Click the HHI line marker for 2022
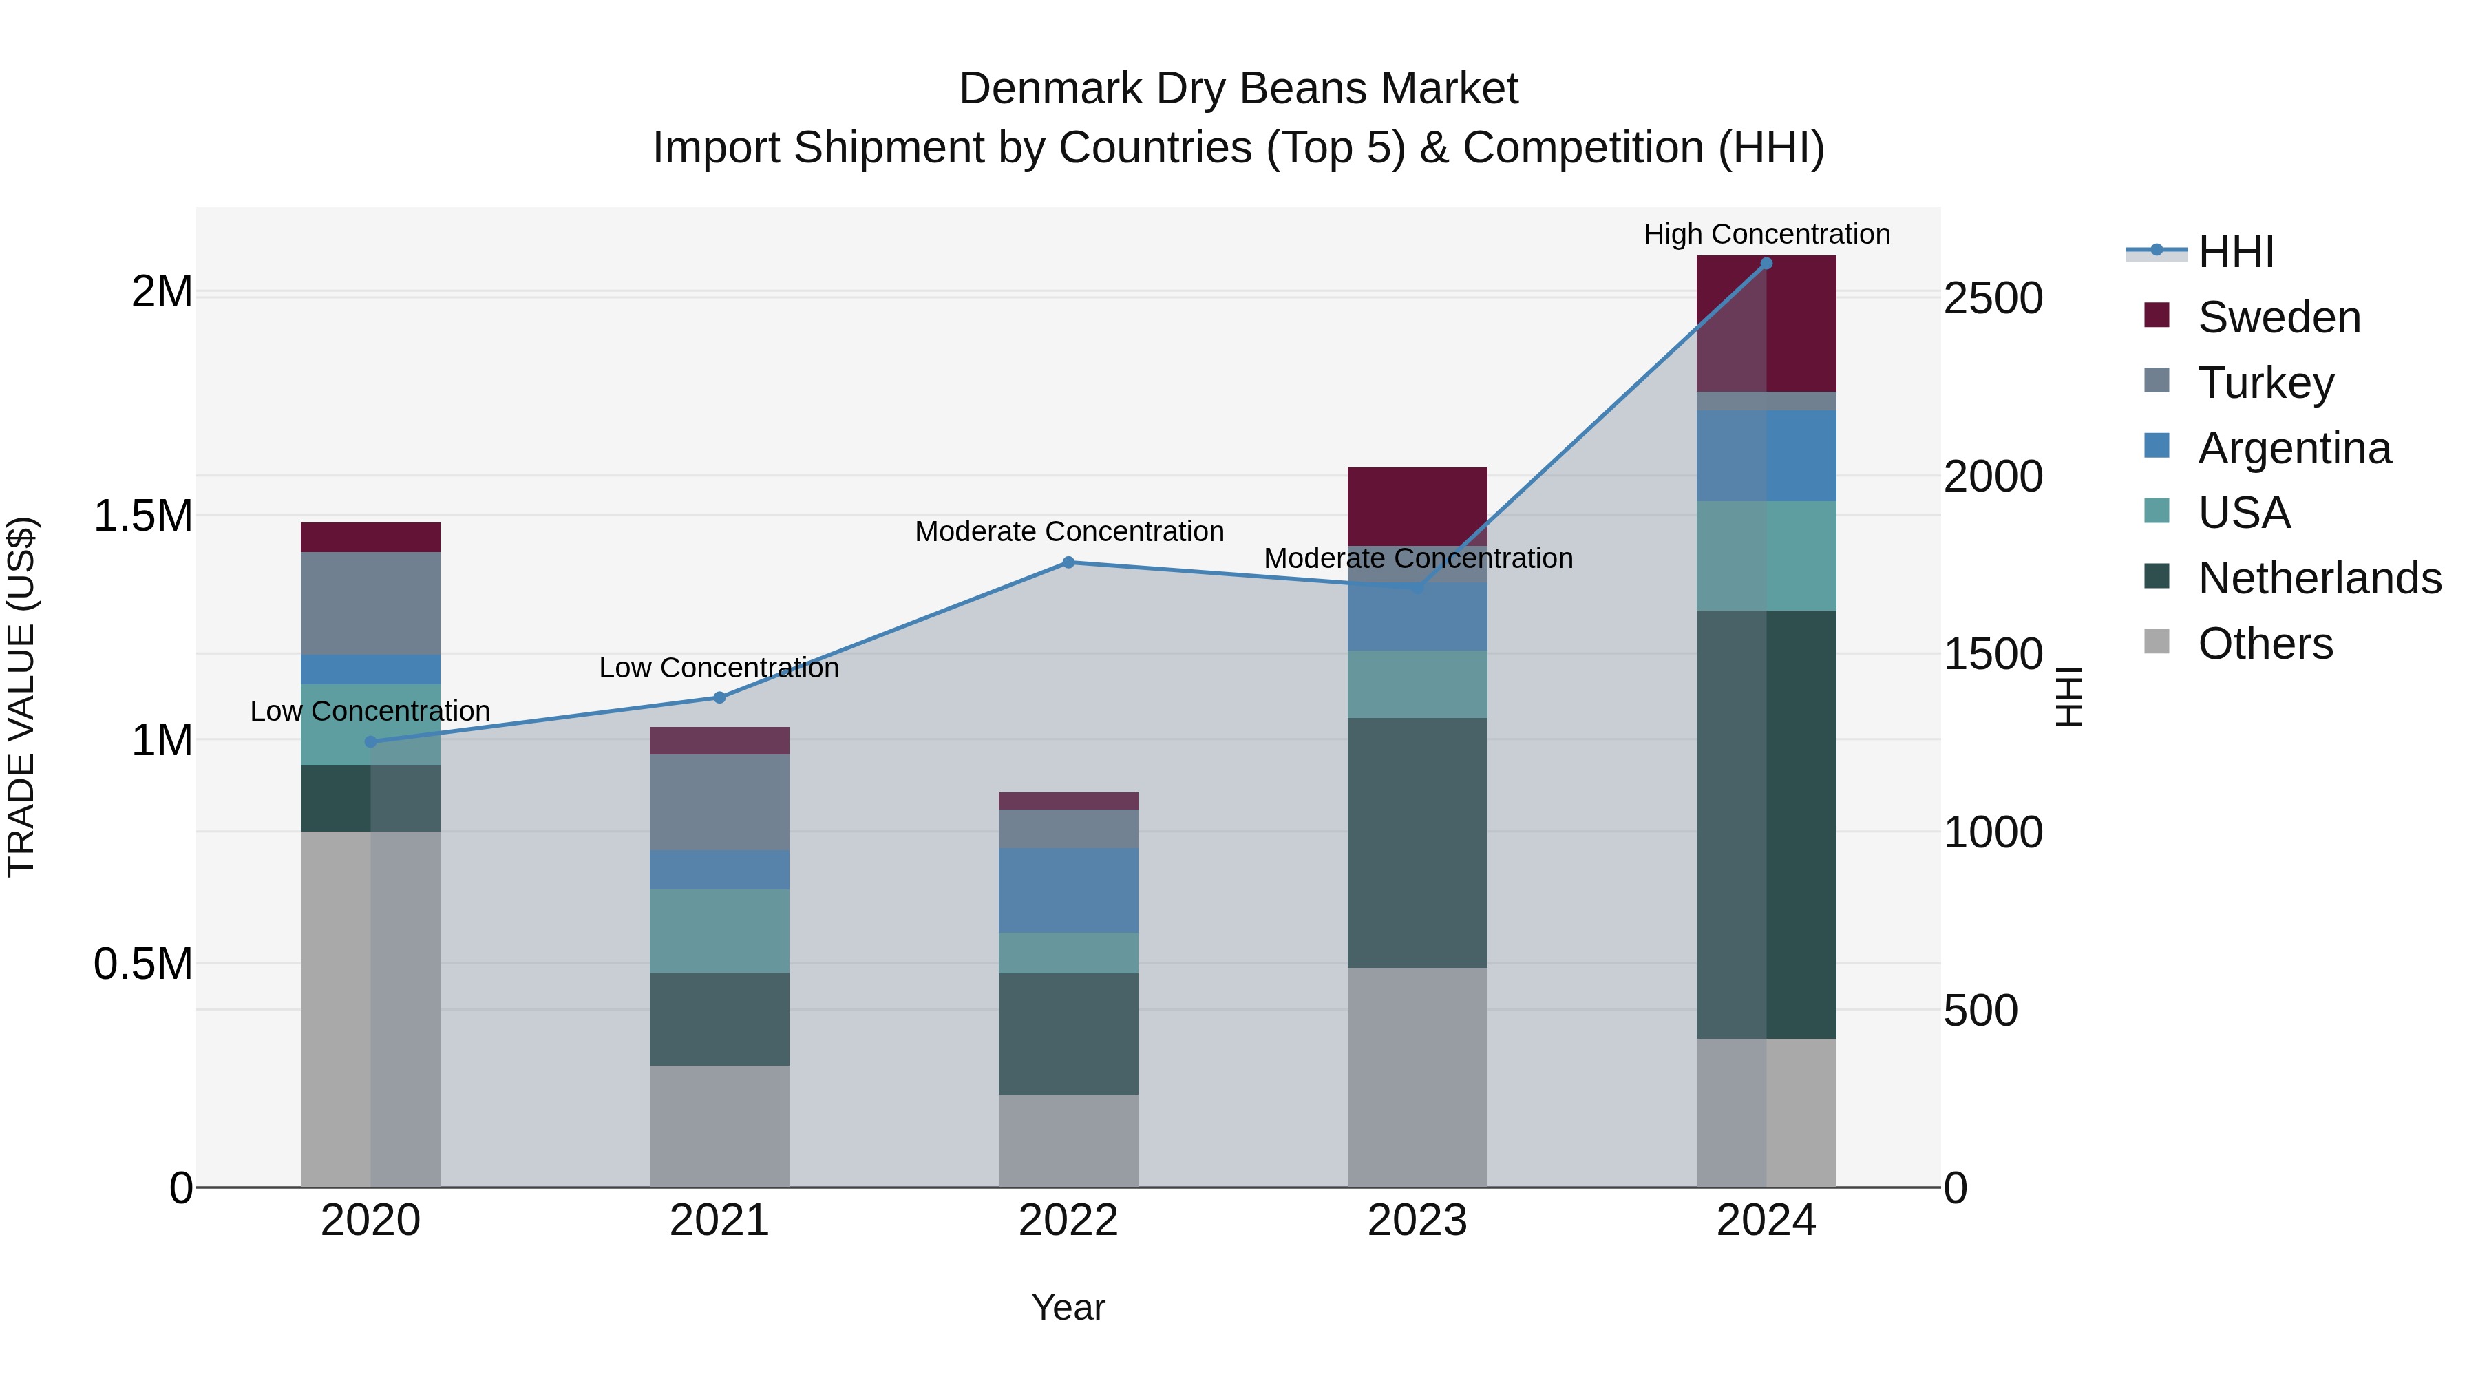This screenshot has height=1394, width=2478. click(x=1068, y=563)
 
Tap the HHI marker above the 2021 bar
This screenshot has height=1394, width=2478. click(x=719, y=697)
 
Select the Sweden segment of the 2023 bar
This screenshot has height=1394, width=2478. click(x=1417, y=506)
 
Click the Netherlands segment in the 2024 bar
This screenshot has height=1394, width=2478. click(x=1766, y=825)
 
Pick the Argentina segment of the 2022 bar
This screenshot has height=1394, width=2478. click(x=1068, y=890)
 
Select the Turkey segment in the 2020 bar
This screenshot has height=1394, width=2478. click(x=370, y=603)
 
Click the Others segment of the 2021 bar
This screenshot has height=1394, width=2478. click(x=719, y=1126)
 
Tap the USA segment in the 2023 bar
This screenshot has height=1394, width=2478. click(x=1417, y=684)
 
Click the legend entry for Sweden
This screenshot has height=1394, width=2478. click(x=2278, y=317)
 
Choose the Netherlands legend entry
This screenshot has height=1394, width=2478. click(x=2318, y=578)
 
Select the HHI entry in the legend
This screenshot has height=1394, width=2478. click(x=2234, y=252)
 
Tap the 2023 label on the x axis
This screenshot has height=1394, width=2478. click(x=1417, y=1221)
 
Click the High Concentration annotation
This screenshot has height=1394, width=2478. click(x=1766, y=234)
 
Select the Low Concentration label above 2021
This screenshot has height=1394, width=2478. click(x=719, y=668)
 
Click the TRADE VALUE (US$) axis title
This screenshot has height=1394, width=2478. click(x=21, y=697)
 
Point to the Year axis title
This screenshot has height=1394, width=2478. click(x=1068, y=1307)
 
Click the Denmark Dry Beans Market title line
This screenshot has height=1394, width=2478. click(x=1238, y=89)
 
